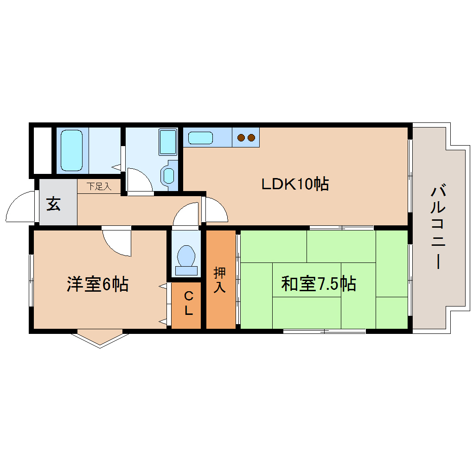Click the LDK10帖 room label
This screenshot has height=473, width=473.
pos(295,184)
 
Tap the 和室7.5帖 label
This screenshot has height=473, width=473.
pos(319,283)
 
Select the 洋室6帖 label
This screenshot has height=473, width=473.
pos(97,284)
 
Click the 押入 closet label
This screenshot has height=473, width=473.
pos(219,280)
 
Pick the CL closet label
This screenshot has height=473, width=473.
pos(188,303)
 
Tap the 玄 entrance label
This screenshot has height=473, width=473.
pos(53,204)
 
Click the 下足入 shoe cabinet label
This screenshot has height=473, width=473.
pos(99,186)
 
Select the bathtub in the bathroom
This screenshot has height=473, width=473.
pos(72,150)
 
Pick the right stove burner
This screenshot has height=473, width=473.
pos(251,137)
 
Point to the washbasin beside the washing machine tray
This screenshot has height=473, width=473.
pos(169,175)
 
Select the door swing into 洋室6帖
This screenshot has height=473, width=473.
pos(116,241)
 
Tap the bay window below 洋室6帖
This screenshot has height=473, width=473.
pos(100,337)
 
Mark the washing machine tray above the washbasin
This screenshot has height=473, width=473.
pos(167,142)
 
